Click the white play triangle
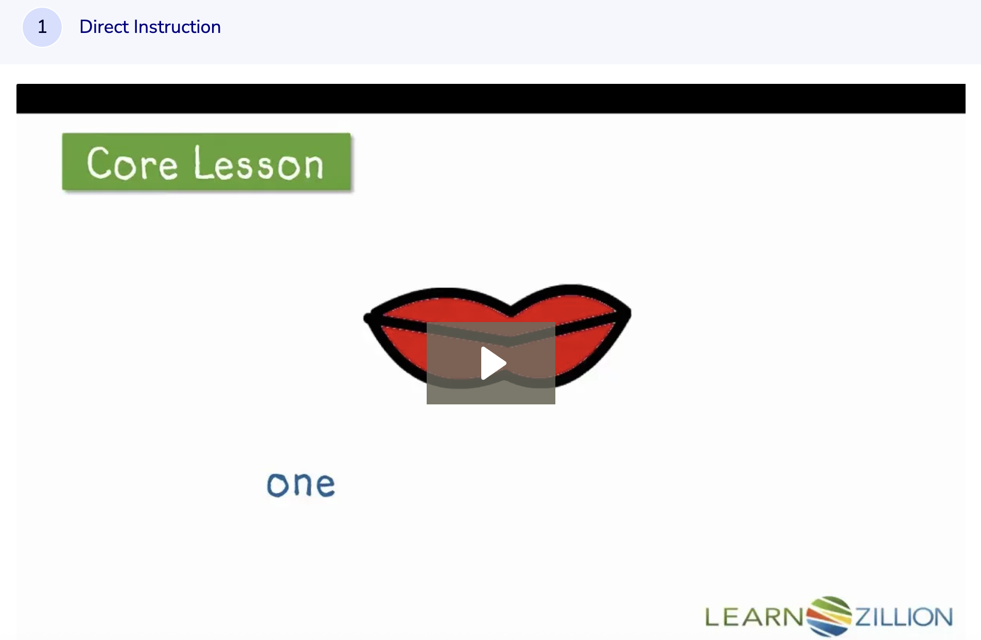tap(493, 363)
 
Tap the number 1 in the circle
tap(42, 27)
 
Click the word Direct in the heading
tap(104, 27)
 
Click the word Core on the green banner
tap(132, 164)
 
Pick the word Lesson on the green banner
tap(258, 164)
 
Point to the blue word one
tap(301, 485)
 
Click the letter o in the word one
tap(277, 485)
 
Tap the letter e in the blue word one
tap(325, 485)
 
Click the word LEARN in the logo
tap(754, 617)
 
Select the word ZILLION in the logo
tap(904, 617)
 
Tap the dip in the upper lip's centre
tap(511, 311)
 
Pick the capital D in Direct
tap(86, 27)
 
